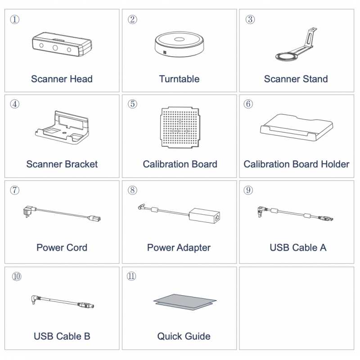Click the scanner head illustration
point(62,44)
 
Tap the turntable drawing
point(179,44)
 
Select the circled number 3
point(250,19)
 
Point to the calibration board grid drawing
point(180,127)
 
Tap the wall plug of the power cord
point(29,211)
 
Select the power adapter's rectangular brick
point(204,216)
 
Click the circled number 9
point(248,190)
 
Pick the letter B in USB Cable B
point(87,336)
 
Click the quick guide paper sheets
point(185,302)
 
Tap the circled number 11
point(131,276)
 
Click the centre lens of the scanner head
point(55,48)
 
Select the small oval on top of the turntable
point(179,39)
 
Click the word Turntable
point(179,79)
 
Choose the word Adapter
point(193,248)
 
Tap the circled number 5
point(132,104)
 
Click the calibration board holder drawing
point(297,127)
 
